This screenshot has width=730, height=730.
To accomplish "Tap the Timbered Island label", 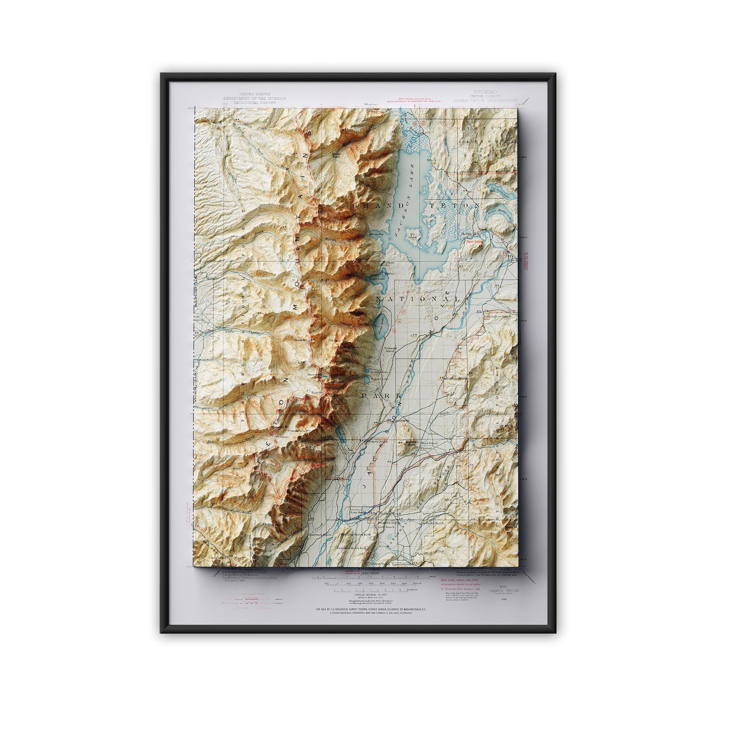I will point(389,349).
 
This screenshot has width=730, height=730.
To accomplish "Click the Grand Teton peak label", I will point(347,346).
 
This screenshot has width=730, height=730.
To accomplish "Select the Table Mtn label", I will point(302,340).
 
